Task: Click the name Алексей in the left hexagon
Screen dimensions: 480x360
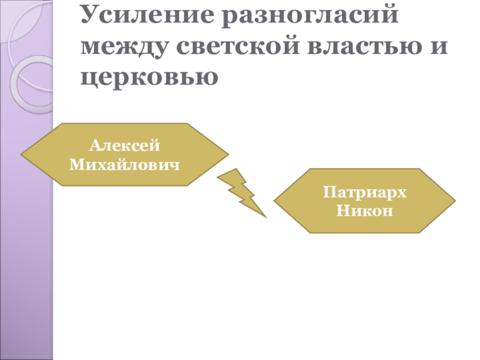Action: [x=124, y=145]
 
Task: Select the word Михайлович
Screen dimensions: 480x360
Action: [x=124, y=163]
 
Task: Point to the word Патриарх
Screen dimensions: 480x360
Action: [x=364, y=193]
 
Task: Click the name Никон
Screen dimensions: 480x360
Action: [x=364, y=210]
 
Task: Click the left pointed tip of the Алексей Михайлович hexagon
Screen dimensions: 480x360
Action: [x=22, y=155]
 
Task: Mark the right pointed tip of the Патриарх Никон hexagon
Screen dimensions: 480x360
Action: [x=454, y=201]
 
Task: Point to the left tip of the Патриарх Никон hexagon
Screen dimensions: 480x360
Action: [x=275, y=201]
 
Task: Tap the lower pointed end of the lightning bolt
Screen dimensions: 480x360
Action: [x=265, y=216]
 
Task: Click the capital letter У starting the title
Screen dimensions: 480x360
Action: [x=88, y=16]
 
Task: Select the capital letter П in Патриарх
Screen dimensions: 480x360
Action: [x=328, y=193]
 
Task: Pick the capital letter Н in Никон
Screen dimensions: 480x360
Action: [x=341, y=210]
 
